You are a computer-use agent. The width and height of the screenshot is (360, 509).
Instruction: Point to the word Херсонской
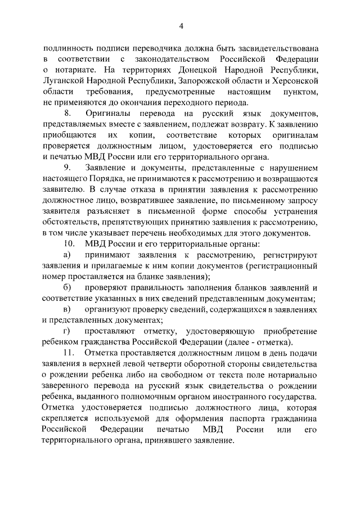pyautogui.click(x=292, y=81)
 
